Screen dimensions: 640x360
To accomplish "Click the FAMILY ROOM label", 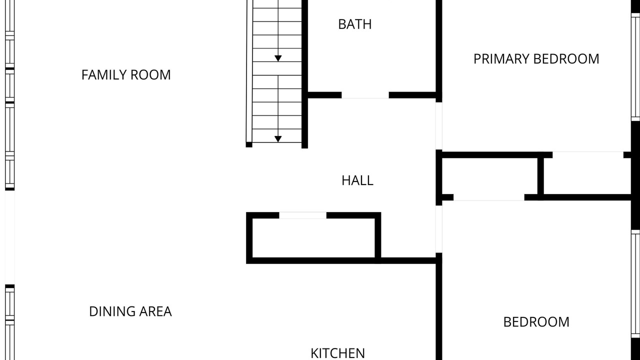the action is click(126, 75).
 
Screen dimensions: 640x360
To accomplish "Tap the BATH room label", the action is click(355, 24).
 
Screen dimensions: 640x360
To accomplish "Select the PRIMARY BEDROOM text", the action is click(536, 59).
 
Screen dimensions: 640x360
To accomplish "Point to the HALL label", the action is click(357, 180).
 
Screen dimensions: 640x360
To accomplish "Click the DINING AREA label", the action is click(130, 311).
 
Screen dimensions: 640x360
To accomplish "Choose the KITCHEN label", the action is click(337, 353).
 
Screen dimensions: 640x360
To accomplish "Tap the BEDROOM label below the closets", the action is click(536, 322).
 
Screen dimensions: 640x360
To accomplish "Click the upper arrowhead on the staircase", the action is click(278, 58).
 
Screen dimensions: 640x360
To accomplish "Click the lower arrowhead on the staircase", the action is click(278, 139).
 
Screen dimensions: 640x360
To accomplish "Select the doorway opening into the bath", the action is click(365, 95).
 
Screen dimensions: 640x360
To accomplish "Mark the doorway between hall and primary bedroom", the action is click(439, 125).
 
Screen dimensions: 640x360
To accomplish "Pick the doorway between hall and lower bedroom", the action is click(439, 229).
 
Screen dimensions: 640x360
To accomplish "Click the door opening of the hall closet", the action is click(302, 215).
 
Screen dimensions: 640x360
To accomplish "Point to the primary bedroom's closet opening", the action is click(587, 155).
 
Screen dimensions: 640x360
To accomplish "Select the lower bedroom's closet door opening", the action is click(489, 197).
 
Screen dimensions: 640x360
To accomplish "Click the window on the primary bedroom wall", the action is click(635, 67).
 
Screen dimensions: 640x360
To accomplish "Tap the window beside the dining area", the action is click(9, 322).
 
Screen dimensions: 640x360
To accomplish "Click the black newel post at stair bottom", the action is click(249, 144).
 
